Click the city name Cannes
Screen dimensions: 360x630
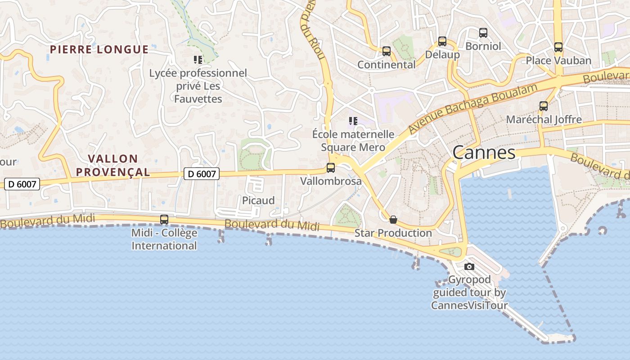pos(484,153)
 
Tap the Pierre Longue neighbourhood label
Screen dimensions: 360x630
pos(99,49)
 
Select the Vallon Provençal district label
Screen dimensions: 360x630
pos(113,165)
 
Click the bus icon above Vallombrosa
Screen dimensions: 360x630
pos(331,168)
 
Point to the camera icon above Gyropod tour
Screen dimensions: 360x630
pos(469,266)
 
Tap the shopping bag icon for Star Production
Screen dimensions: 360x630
pos(393,220)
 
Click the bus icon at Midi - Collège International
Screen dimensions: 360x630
pos(164,220)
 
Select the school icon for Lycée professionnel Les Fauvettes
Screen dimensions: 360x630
pos(198,59)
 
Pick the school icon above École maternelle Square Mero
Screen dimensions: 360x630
pos(353,121)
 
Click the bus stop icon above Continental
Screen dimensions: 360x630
pos(387,51)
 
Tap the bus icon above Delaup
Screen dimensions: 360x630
pos(442,41)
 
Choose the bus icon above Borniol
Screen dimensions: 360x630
pos(483,32)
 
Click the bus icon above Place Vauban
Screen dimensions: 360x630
pos(558,47)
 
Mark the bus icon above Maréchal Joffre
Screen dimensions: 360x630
pos(544,106)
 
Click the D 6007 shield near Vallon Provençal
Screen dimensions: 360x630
pos(201,173)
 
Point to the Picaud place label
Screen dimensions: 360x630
pos(258,201)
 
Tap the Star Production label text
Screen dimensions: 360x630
pos(393,233)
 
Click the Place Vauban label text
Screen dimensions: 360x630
pos(558,61)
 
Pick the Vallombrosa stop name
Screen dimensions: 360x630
pos(331,181)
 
